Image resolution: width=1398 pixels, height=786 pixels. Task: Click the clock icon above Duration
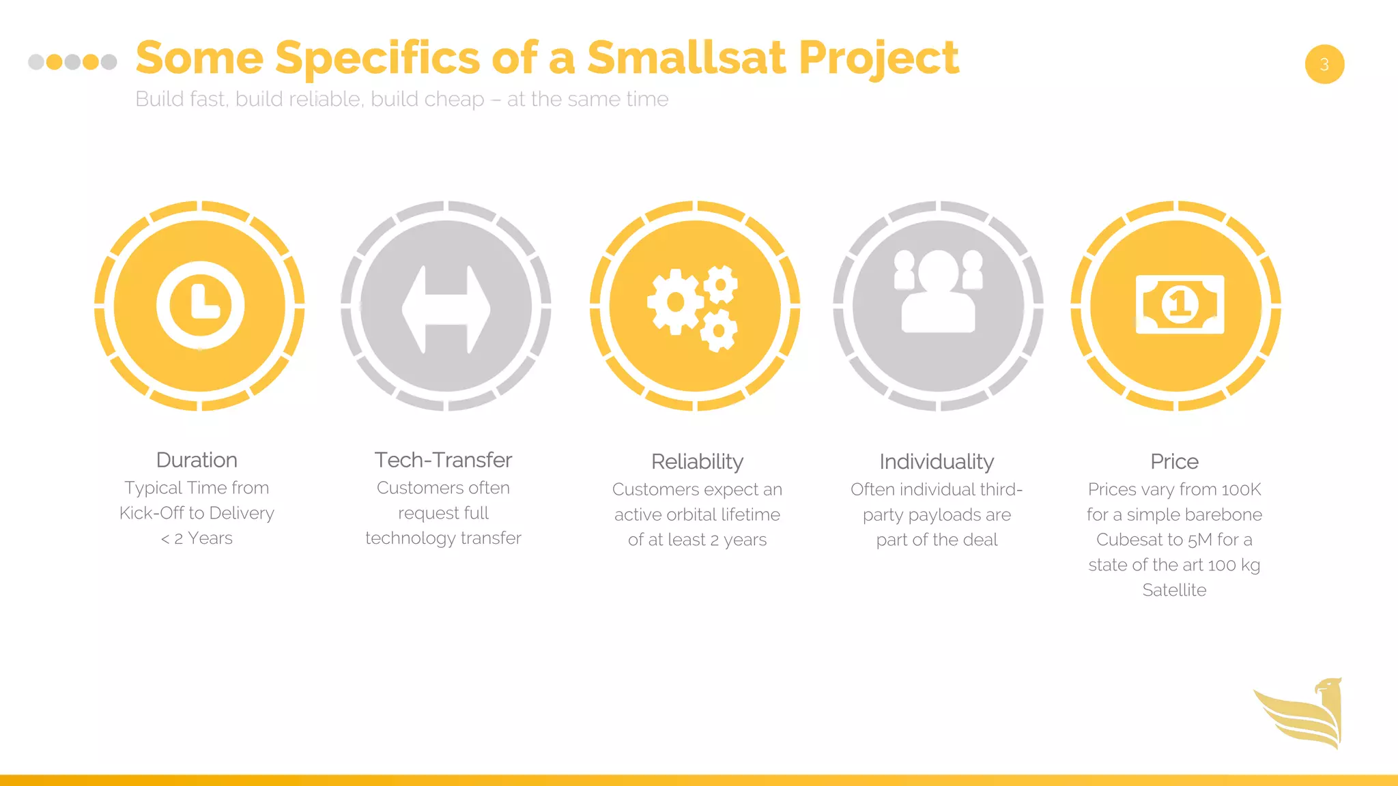(x=200, y=306)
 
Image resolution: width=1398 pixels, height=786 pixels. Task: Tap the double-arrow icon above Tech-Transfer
(x=446, y=308)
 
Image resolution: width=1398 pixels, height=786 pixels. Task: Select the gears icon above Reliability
(x=694, y=308)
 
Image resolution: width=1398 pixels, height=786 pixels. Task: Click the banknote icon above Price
(x=1180, y=304)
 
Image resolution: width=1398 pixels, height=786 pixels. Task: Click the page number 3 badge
(x=1324, y=64)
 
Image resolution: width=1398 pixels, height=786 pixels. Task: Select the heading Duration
(x=197, y=460)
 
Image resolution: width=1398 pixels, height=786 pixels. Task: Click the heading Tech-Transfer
(x=443, y=460)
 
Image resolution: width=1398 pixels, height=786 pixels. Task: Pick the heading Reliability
(x=697, y=462)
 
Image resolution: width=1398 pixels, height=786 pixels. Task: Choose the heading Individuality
(x=937, y=462)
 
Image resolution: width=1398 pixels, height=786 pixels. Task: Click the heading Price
(x=1174, y=462)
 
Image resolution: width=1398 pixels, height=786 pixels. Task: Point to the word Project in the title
(x=879, y=59)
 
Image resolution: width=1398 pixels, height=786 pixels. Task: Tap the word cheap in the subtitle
(x=454, y=100)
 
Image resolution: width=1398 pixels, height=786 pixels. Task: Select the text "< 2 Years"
(x=197, y=538)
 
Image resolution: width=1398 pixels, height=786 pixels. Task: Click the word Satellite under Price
(x=1174, y=590)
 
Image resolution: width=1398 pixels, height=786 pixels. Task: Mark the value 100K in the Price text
(x=1240, y=490)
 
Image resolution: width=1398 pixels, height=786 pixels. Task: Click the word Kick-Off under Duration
(x=151, y=513)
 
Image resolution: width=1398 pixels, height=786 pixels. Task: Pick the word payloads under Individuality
(x=922, y=515)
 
